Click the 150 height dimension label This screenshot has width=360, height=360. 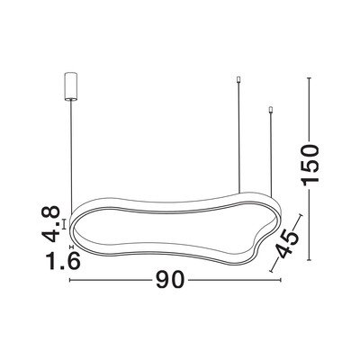coord(310,165)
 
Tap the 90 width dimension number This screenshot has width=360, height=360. coord(169,280)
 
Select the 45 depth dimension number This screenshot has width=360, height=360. coord(287,244)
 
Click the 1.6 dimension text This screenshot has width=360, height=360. coord(63,260)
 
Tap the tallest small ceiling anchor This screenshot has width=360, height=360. coord(238,79)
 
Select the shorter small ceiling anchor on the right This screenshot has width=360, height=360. coord(271,110)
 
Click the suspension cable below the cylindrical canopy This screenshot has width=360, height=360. coord(71,156)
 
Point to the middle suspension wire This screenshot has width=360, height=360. coord(238,138)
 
